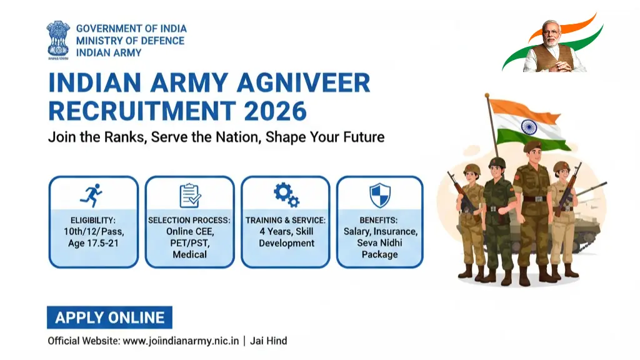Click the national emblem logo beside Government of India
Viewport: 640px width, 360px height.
coord(59,40)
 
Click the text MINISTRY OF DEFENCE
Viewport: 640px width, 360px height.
coord(130,41)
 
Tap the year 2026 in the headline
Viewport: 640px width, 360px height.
coord(276,111)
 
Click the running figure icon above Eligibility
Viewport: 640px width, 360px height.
coord(93,195)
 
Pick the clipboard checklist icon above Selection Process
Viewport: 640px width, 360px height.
coord(190,196)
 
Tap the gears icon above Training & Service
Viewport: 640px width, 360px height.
coord(286,195)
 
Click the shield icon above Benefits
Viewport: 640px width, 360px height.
coord(379,196)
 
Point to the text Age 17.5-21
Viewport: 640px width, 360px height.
coord(93,243)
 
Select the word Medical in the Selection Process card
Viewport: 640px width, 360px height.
coord(189,254)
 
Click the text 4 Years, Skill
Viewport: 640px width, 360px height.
coord(286,231)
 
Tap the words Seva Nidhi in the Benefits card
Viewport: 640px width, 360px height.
coord(379,243)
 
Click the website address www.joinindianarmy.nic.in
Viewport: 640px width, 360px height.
coord(181,341)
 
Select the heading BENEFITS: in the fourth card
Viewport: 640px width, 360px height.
coord(379,220)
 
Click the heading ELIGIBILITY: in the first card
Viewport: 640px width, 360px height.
coord(93,220)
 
